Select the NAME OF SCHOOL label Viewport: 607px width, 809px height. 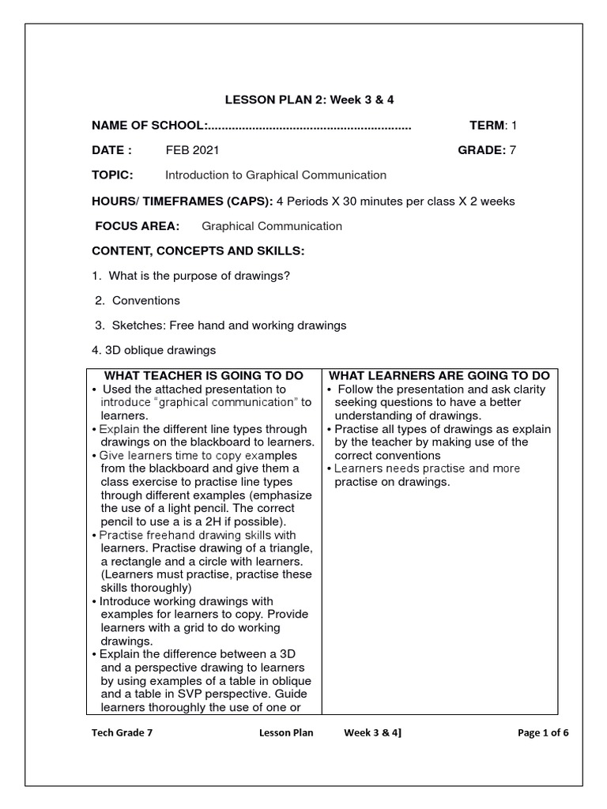[149, 125]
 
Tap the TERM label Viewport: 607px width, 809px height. [487, 125]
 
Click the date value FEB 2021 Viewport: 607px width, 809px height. [192, 150]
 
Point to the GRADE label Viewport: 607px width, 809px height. [481, 150]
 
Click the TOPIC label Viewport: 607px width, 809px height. [112, 175]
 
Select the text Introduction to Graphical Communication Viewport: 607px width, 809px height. [275, 175]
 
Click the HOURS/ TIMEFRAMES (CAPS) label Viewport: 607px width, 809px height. [183, 201]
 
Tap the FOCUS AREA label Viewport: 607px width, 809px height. [138, 226]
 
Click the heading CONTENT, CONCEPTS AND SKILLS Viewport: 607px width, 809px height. [198, 251]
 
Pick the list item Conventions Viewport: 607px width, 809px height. [145, 300]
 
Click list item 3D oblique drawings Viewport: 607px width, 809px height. [161, 350]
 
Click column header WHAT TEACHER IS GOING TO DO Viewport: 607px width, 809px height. [203, 375]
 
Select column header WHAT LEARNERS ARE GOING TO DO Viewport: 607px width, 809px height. [439, 375]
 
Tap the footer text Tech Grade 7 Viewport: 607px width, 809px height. [123, 732]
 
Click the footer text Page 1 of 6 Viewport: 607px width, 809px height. [543, 732]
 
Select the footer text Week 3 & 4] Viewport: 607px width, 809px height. [372, 732]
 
